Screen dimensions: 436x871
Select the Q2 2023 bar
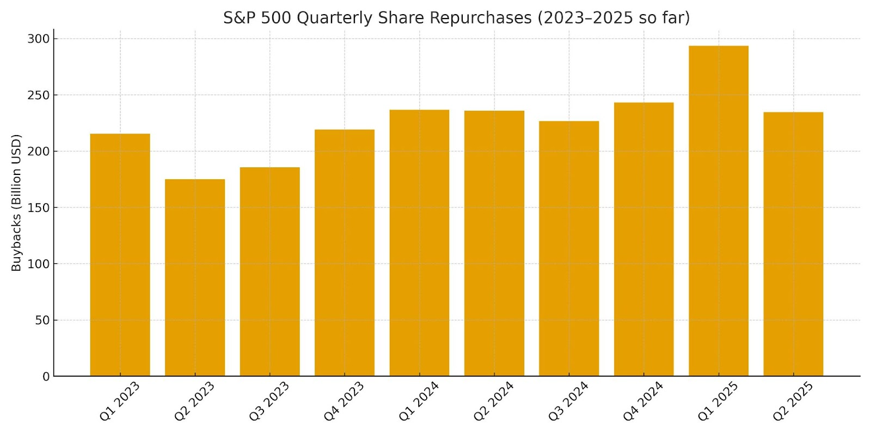[195, 278]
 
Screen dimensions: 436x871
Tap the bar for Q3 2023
[269, 272]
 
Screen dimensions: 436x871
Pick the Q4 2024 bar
[643, 239]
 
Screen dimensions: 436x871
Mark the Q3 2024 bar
[569, 249]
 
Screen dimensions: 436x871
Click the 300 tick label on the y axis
[38, 39]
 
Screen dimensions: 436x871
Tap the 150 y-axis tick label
[38, 208]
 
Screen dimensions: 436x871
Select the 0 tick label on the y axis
[46, 377]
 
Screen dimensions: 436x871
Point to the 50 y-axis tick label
[42, 320]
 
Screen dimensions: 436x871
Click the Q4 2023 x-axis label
[344, 401]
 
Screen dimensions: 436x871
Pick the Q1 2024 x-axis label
[418, 401]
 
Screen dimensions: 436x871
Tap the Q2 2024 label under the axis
[493, 401]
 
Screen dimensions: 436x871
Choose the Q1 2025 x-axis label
[717, 401]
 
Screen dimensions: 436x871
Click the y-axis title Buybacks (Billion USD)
[16, 203]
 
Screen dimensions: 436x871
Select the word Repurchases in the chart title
[480, 18]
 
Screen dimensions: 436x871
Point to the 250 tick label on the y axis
[38, 95]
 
